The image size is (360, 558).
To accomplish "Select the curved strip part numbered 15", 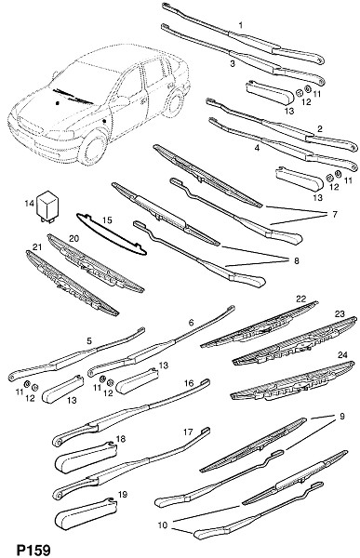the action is pos(111,235).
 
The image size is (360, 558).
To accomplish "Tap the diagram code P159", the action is pos(33,550).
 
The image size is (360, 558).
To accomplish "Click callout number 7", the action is pos(334,214).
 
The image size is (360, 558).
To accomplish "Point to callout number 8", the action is pos(296,260).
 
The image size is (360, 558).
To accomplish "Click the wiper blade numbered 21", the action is pos(72,283).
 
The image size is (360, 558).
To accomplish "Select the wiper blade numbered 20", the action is pos(95,263).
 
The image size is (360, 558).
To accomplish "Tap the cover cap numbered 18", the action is pos(86,455).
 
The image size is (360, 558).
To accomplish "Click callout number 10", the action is pos(163,525).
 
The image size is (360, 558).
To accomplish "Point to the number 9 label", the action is pos(341,417).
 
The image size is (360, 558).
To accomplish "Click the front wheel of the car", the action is pos(93,146).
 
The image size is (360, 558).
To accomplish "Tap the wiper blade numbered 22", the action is pos(260,325).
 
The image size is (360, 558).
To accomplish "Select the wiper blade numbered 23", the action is pos(295,341).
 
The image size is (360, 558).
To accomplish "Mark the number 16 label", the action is pos(189,383).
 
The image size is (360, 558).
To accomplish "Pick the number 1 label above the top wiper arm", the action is pos(241,25).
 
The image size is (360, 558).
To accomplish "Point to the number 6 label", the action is pos(192,323).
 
